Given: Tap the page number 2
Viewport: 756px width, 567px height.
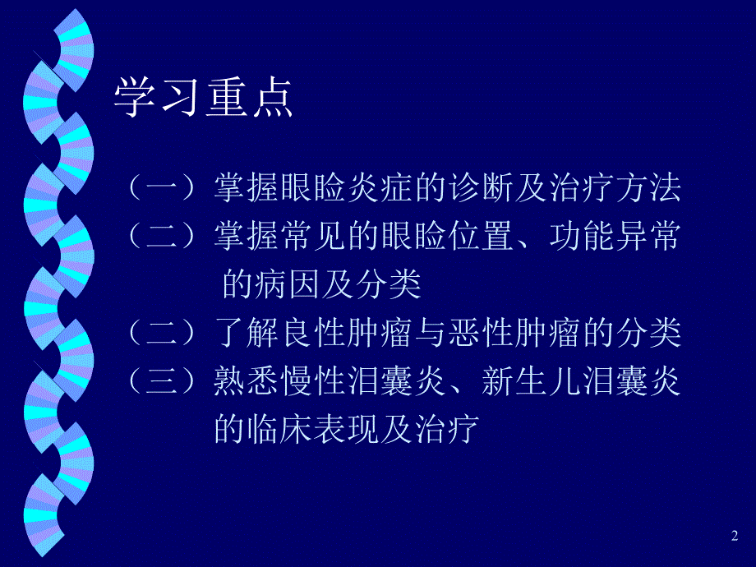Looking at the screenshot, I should (734, 536).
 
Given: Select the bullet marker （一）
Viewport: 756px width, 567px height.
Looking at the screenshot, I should (164, 189).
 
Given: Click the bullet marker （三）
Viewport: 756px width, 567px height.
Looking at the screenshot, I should (164, 381).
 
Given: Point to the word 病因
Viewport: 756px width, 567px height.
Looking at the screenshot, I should (293, 285).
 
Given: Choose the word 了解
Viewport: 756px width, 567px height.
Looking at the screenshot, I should (247, 334).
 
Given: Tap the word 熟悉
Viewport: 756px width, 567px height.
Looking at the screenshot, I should (247, 381).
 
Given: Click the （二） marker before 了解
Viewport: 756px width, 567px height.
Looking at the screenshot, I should (164, 334).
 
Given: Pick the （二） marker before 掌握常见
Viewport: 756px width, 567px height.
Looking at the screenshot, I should (164, 237).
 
